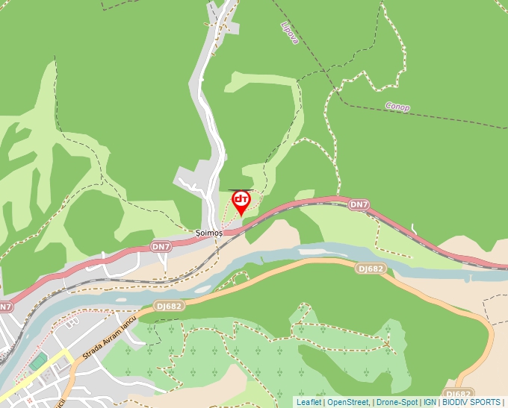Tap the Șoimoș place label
click(x=209, y=233)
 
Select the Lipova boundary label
click(x=289, y=32)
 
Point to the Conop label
click(x=397, y=107)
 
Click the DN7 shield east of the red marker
click(x=359, y=204)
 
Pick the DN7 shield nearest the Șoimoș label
click(x=161, y=245)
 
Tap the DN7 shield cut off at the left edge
click(x=5, y=307)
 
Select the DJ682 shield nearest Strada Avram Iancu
click(x=170, y=306)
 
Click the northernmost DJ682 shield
click(x=371, y=269)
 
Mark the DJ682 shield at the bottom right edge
click(x=458, y=394)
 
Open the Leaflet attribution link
click(x=309, y=402)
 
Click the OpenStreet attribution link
click(x=348, y=402)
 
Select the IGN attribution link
click(x=430, y=402)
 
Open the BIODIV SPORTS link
click(x=471, y=402)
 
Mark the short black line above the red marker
click(x=240, y=189)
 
